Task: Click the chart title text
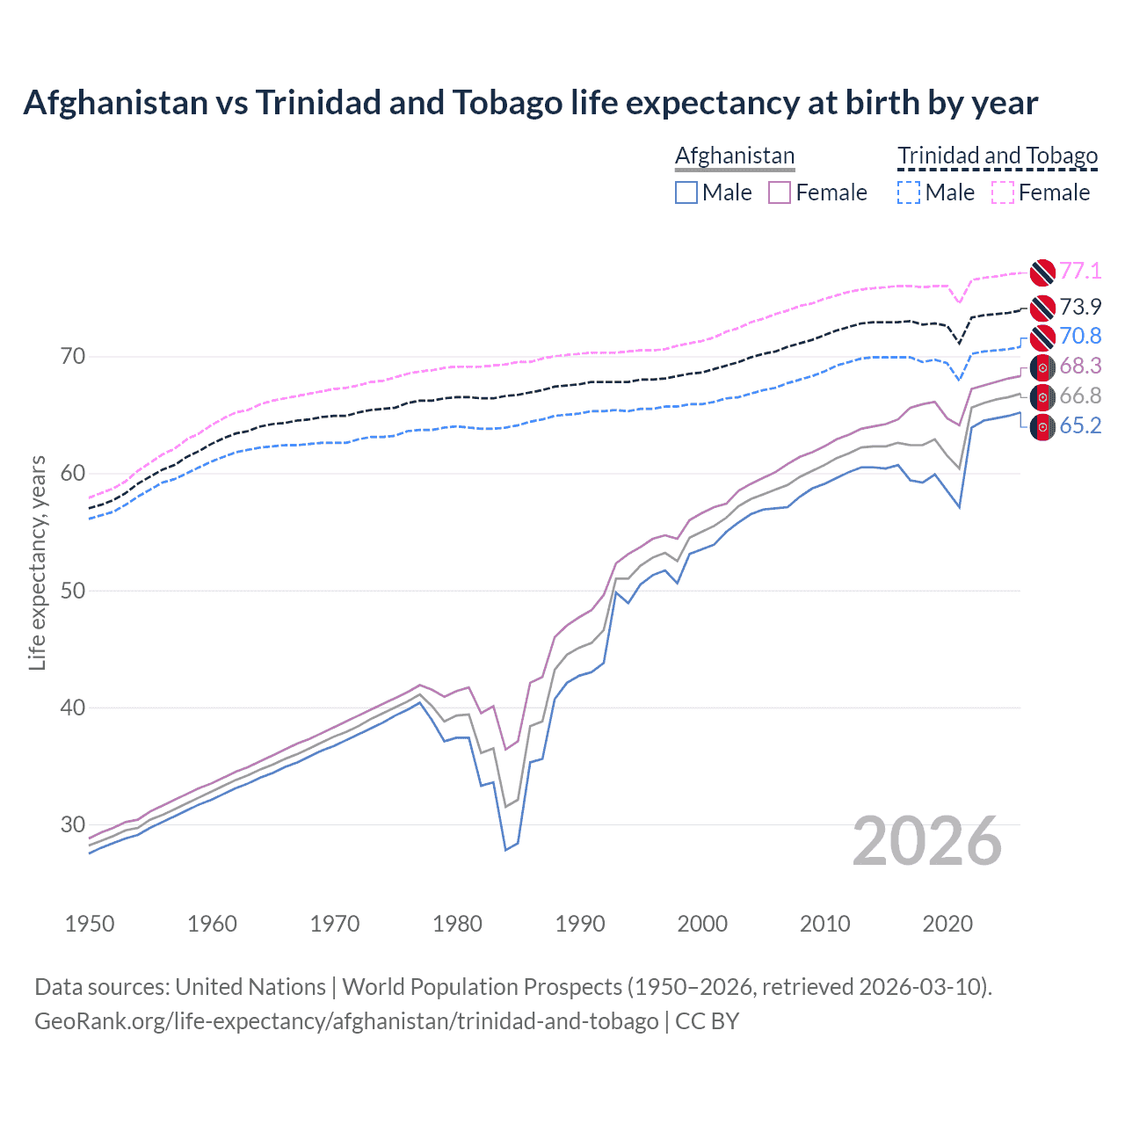pyautogui.click(x=531, y=103)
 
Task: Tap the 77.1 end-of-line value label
pyautogui.click(x=1080, y=271)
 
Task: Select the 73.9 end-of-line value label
pyautogui.click(x=1080, y=307)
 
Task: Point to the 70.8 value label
pyautogui.click(x=1080, y=336)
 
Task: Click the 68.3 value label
pyautogui.click(x=1080, y=366)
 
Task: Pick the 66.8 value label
pyautogui.click(x=1080, y=396)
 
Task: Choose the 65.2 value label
pyautogui.click(x=1080, y=425)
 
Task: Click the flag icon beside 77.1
pyautogui.click(x=1042, y=272)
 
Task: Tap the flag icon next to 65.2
pyautogui.click(x=1042, y=427)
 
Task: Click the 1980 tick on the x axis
pyautogui.click(x=458, y=924)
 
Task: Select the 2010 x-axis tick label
pyautogui.click(x=824, y=924)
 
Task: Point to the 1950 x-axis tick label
pyautogui.click(x=91, y=924)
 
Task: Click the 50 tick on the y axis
pyautogui.click(x=73, y=591)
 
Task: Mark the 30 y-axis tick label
pyautogui.click(x=73, y=824)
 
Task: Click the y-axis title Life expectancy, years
pyautogui.click(x=38, y=562)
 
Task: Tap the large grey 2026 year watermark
pyautogui.click(x=927, y=841)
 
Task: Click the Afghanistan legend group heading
pyautogui.click(x=735, y=156)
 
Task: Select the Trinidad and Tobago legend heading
pyautogui.click(x=998, y=156)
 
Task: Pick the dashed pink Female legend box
pyautogui.click(x=1003, y=192)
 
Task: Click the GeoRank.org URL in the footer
pyautogui.click(x=346, y=1021)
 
